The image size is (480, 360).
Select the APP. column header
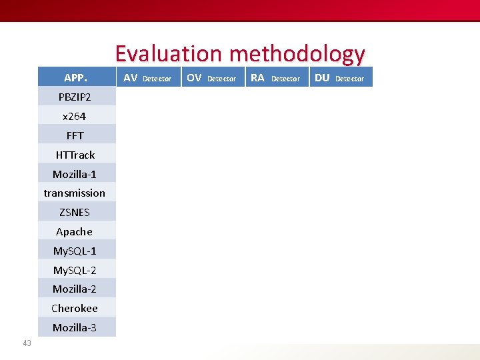pyautogui.click(x=75, y=77)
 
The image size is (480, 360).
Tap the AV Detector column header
pyautogui.click(x=147, y=78)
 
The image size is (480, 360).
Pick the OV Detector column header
pyautogui.click(x=211, y=78)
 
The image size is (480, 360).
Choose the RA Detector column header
pyautogui.click(x=275, y=78)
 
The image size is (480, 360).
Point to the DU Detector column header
pyautogui.click(x=339, y=78)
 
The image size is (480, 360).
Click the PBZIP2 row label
pyautogui.click(x=75, y=97)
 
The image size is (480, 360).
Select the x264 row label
pyautogui.click(x=75, y=116)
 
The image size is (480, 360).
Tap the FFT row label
pyautogui.click(x=75, y=135)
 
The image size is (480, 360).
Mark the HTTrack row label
pyautogui.click(x=75, y=155)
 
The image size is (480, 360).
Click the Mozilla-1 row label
pyautogui.click(x=75, y=174)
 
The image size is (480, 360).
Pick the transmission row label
pyautogui.click(x=75, y=193)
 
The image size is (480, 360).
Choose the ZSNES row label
pyautogui.click(x=75, y=212)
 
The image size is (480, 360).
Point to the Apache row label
pyautogui.click(x=75, y=231)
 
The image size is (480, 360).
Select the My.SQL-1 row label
pyautogui.click(x=75, y=251)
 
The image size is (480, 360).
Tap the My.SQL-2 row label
pyautogui.click(x=75, y=270)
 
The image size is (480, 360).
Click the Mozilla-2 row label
pyautogui.click(x=75, y=289)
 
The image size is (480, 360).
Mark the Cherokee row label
pyautogui.click(x=75, y=308)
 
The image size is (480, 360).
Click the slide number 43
pyautogui.click(x=27, y=343)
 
